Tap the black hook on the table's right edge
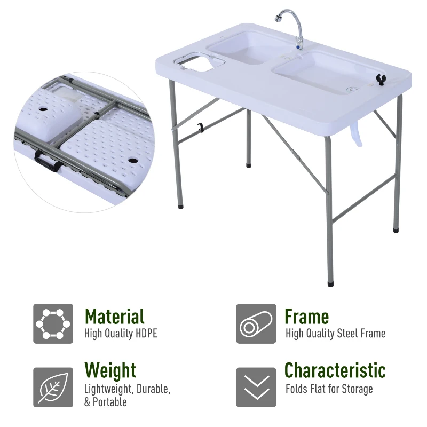click(382, 80)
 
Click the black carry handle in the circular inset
click(46, 161)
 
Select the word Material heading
click(114, 317)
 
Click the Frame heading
click(306, 317)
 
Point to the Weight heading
click(110, 370)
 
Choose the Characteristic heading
click(335, 370)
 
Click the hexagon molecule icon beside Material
click(53, 323)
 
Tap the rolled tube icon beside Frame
click(256, 323)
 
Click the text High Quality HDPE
click(121, 334)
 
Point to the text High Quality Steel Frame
click(335, 334)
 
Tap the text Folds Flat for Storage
click(329, 389)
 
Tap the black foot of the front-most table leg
click(330, 283)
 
